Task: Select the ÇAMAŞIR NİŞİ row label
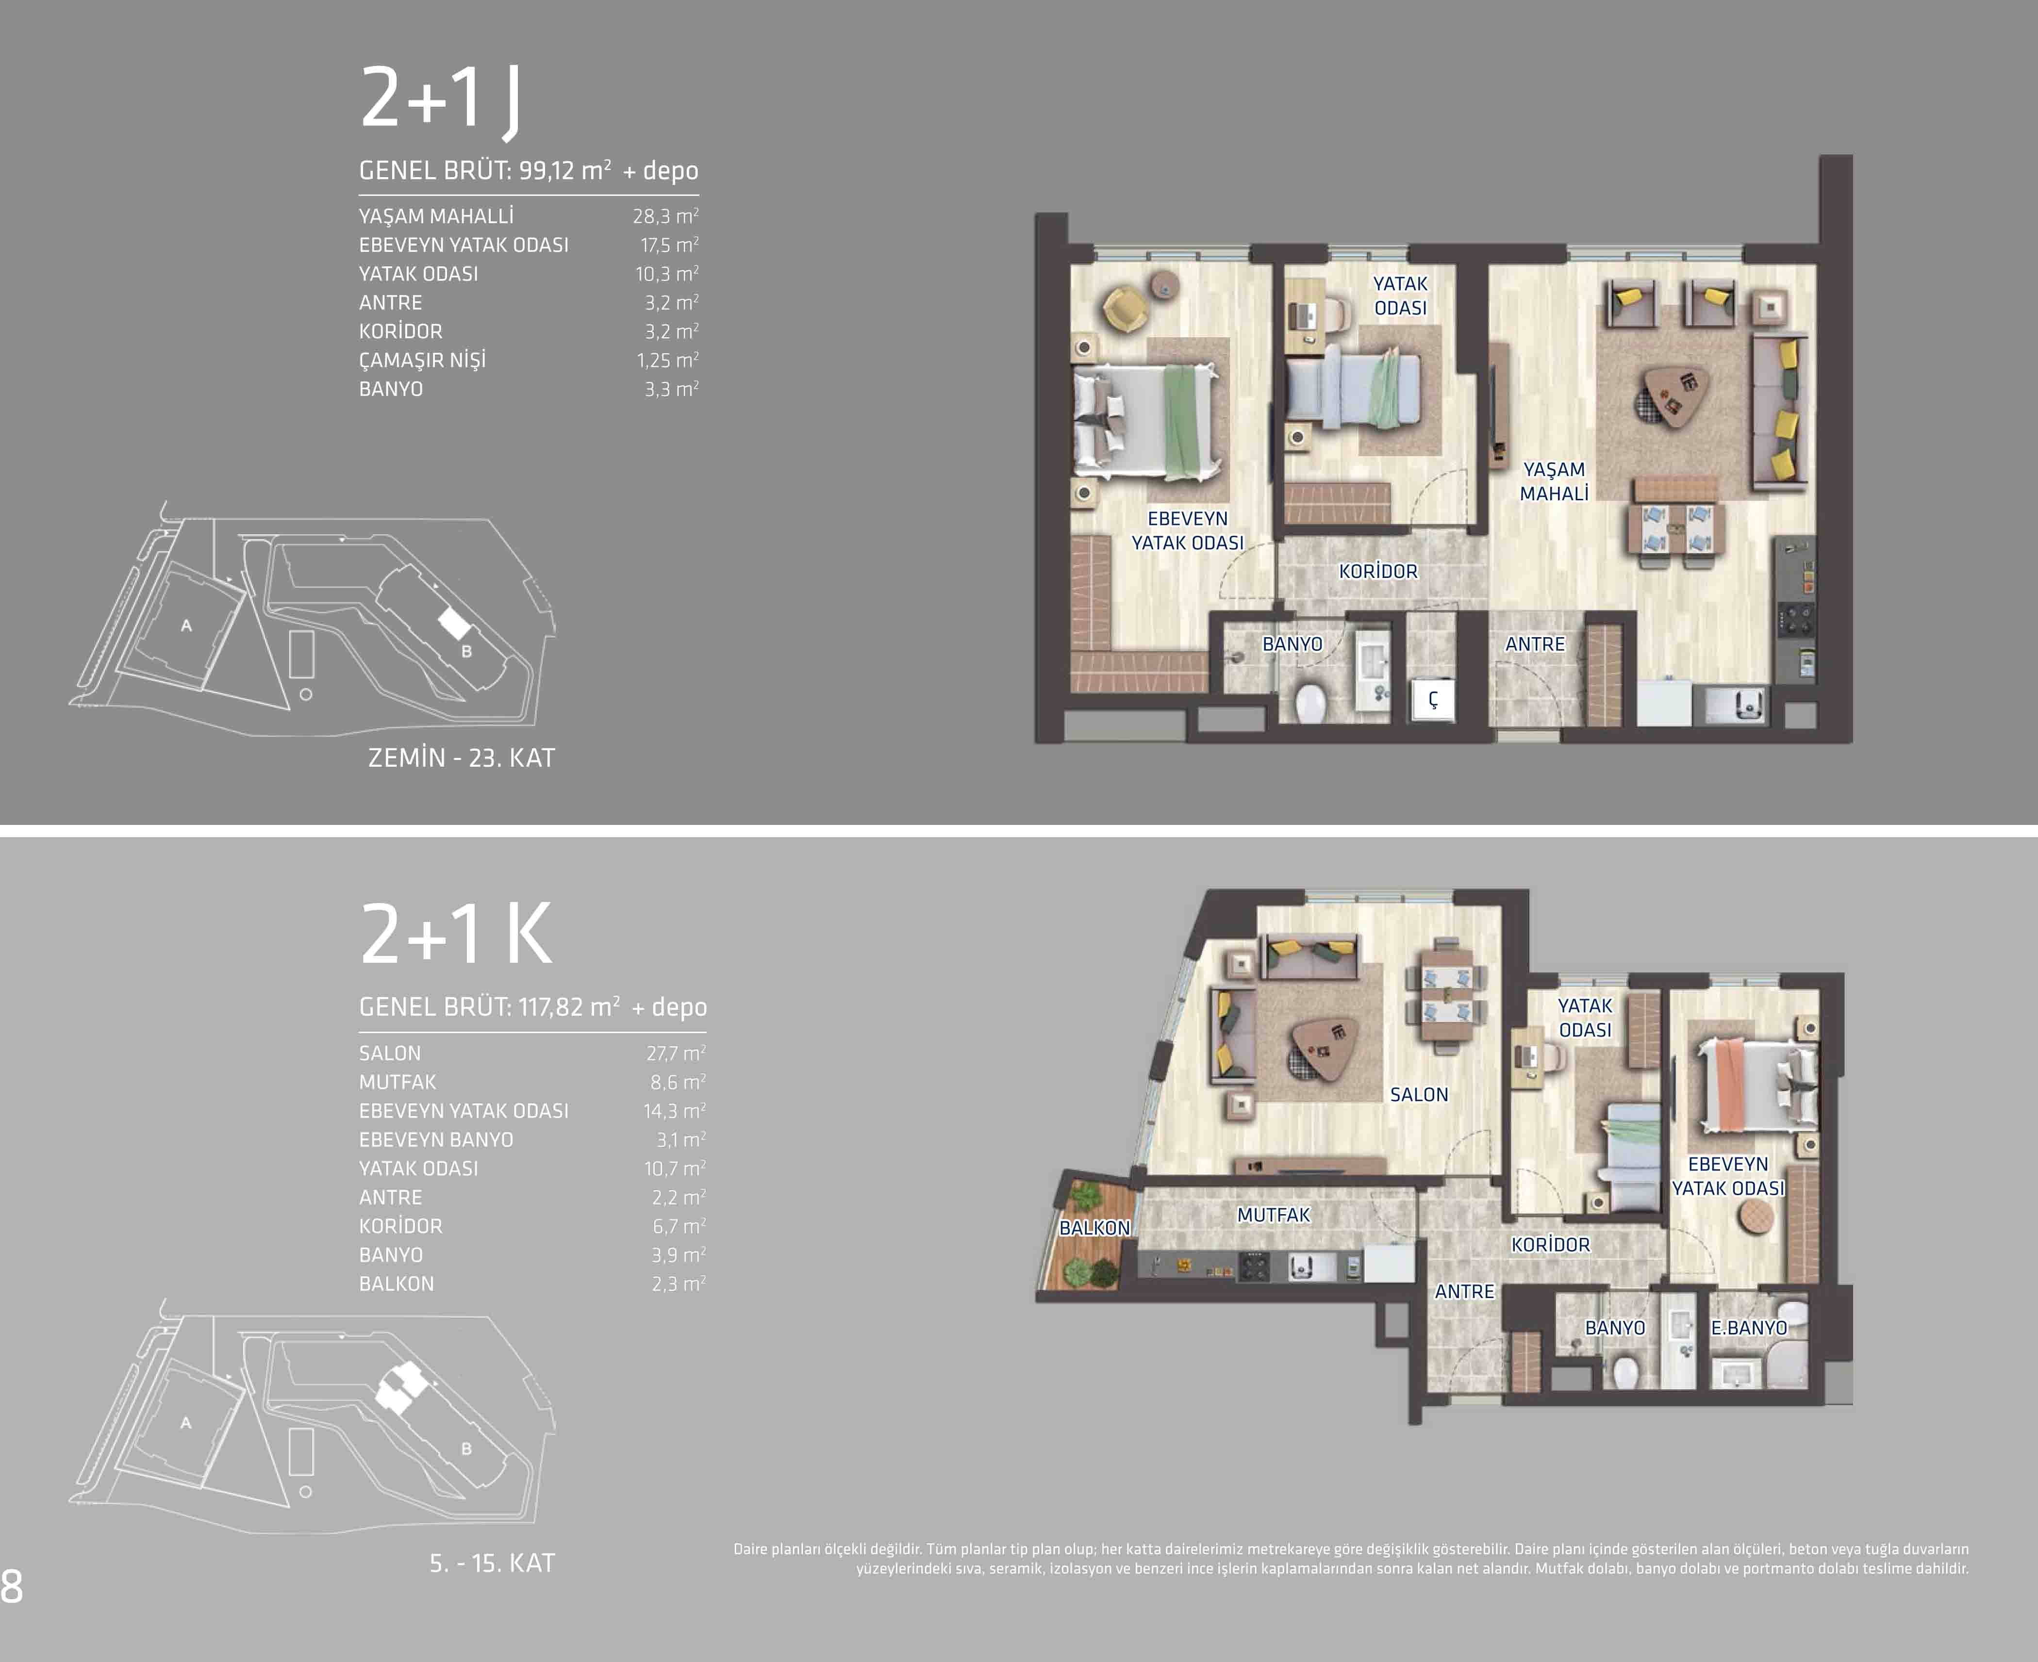tap(422, 360)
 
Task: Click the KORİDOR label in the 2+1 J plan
tap(1377, 572)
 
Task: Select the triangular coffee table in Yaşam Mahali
tap(1672, 395)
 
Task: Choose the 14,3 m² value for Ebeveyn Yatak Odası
tap(674, 1111)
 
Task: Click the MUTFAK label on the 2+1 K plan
tap(1273, 1215)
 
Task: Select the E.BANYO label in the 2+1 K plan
tap(1749, 1328)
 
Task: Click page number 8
tap(12, 1586)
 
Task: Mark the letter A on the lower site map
tap(186, 1423)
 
